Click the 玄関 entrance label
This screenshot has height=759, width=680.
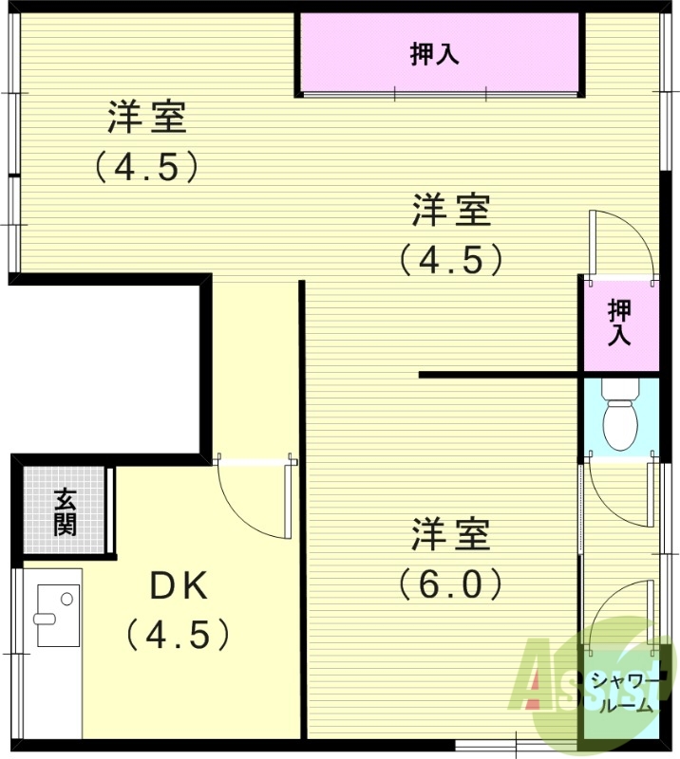coord(65,511)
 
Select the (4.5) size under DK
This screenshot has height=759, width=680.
coord(179,634)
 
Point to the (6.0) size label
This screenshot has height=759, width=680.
coord(450,583)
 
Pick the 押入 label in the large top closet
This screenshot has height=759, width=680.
coord(436,54)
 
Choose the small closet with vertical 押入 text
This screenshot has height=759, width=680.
coord(619,324)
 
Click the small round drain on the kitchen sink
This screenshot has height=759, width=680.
coord(66,599)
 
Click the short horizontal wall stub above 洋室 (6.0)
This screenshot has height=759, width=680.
coord(499,376)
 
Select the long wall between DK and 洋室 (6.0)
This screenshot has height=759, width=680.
coord(303,512)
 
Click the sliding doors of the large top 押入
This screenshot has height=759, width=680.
coord(440,93)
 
